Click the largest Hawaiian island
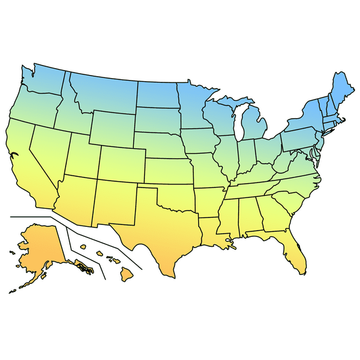tap(127, 274)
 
